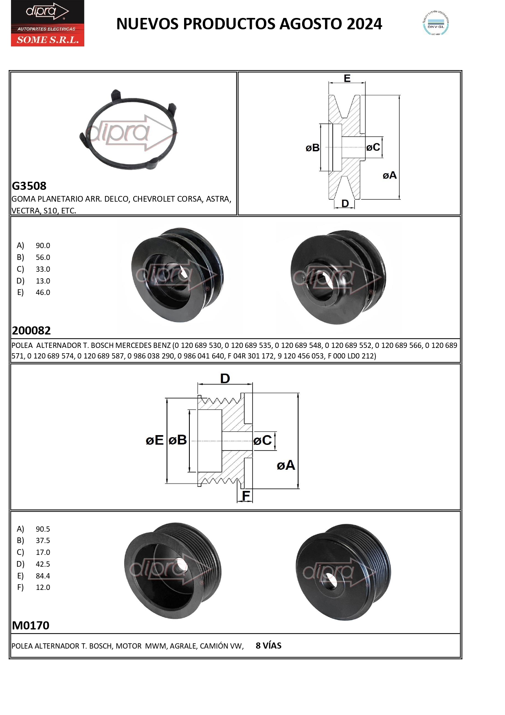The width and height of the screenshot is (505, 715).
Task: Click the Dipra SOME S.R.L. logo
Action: tap(47, 23)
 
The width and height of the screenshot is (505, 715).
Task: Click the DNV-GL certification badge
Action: tap(436, 24)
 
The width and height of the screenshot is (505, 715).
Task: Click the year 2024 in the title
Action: tap(364, 24)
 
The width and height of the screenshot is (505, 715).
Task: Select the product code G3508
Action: tap(29, 186)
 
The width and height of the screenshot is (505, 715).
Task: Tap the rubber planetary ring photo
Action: tap(128, 130)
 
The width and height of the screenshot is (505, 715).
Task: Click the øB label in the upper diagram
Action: tap(312, 148)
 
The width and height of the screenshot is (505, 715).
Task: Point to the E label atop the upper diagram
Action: tap(347, 78)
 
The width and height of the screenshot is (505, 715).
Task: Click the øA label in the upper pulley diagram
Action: tap(389, 175)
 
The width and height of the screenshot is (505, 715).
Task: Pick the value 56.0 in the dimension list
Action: tap(43, 257)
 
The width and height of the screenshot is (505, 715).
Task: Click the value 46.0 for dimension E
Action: tap(43, 293)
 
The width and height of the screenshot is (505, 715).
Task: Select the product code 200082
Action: tap(31, 330)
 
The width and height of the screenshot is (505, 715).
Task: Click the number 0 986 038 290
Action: tap(151, 356)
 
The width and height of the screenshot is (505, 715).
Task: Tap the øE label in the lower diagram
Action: tap(155, 440)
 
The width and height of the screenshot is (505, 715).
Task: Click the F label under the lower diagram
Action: tap(246, 496)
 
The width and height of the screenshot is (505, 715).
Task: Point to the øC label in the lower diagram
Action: tap(263, 440)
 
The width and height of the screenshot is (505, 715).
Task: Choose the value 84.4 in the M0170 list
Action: tap(43, 576)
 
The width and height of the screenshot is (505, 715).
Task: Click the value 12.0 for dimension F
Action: tap(43, 587)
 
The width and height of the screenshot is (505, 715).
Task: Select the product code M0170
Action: tap(31, 625)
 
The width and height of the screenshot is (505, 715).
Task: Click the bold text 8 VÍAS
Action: tap(268, 646)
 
